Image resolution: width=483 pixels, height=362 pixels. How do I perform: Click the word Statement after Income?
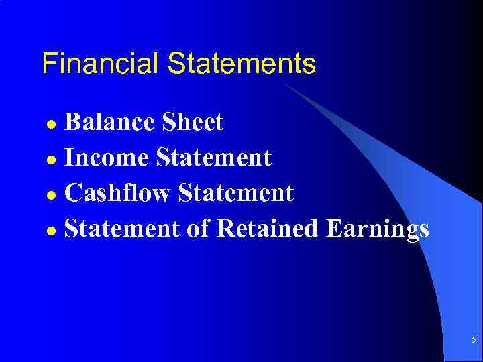(x=213, y=158)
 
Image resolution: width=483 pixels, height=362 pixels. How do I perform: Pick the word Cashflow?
(x=119, y=194)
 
